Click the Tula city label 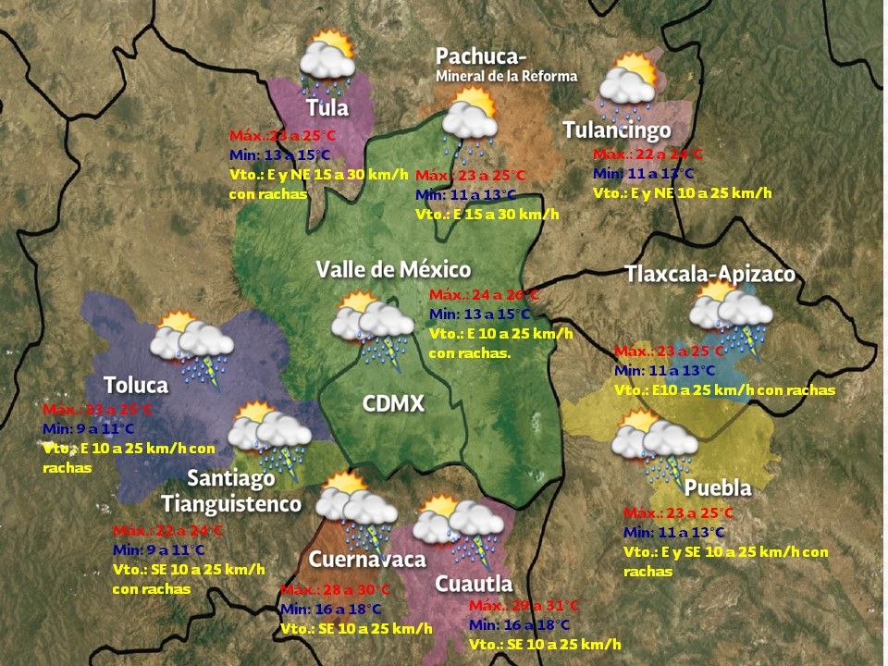[328, 108]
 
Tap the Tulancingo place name [617, 130]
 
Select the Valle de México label [393, 269]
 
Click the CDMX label [393, 403]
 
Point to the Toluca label [136, 384]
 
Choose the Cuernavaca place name [367, 559]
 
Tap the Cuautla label [474, 584]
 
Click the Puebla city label [718, 487]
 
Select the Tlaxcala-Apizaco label [709, 275]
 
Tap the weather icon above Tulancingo [629, 81]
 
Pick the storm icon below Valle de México [373, 327]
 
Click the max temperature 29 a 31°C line [524, 605]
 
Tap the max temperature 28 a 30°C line [335, 590]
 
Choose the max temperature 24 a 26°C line [484, 294]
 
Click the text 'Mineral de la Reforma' [506, 76]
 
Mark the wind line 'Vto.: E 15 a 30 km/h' [487, 214]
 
